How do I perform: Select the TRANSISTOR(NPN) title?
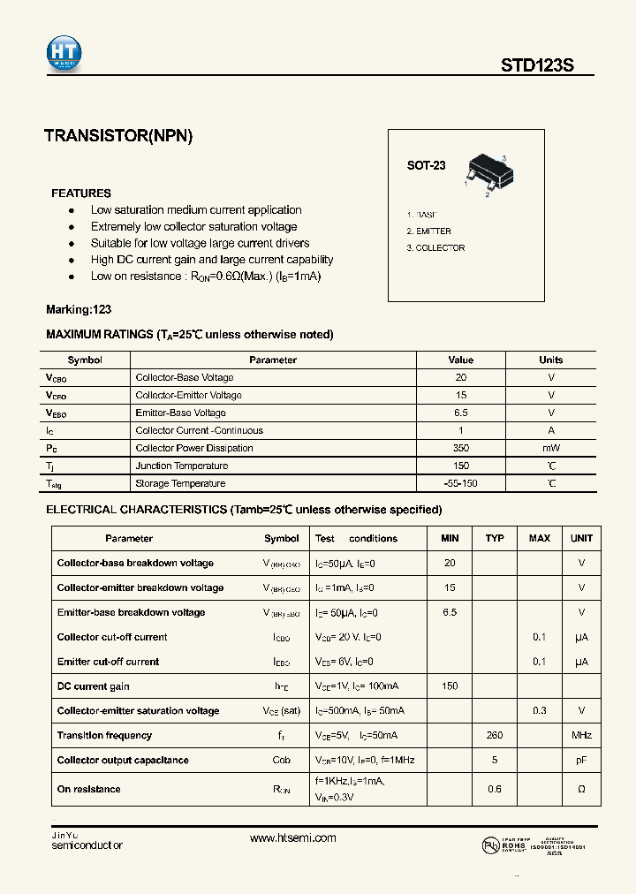pyautogui.click(x=118, y=136)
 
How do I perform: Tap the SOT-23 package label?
pyautogui.click(x=426, y=165)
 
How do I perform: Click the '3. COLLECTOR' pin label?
pyautogui.click(x=435, y=248)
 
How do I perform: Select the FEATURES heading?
pyautogui.click(x=81, y=193)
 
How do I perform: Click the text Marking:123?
pyautogui.click(x=79, y=310)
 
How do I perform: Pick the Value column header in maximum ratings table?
pyautogui.click(x=460, y=360)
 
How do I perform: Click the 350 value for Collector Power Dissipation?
pyautogui.click(x=460, y=448)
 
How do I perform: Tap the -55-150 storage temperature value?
pyautogui.click(x=460, y=483)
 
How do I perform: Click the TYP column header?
pyautogui.click(x=495, y=538)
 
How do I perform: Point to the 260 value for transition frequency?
pyautogui.click(x=495, y=736)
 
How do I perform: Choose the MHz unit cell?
pyautogui.click(x=581, y=736)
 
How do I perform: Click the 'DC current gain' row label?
pyautogui.click(x=94, y=686)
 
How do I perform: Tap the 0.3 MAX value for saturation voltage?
pyautogui.click(x=539, y=711)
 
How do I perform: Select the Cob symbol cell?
pyautogui.click(x=282, y=761)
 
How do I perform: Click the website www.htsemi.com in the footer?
pyautogui.click(x=293, y=838)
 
